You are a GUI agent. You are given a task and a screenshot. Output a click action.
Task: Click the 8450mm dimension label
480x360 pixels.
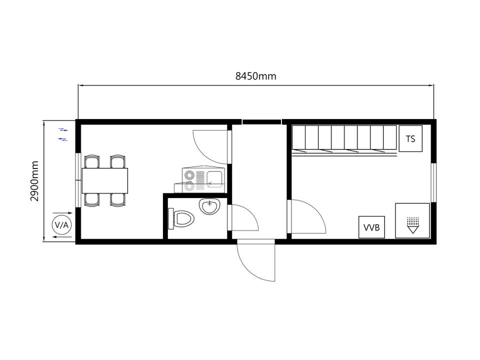point(255,76)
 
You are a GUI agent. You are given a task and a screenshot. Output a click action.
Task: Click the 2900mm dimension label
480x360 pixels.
point(34,181)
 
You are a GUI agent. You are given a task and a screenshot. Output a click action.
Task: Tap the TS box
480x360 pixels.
point(410,138)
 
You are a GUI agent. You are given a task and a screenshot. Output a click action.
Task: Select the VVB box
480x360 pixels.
point(371,227)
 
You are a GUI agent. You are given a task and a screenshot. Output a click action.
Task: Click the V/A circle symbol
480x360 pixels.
point(61,225)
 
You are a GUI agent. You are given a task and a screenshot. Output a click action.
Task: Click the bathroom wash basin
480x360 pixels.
point(209,206)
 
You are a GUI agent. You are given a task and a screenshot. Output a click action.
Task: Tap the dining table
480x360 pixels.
point(104,180)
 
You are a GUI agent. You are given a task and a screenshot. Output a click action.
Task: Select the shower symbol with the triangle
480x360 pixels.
point(413,225)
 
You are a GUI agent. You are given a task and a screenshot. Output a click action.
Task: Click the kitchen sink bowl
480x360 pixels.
point(214,179)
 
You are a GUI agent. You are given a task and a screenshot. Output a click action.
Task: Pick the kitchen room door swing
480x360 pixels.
point(210,147)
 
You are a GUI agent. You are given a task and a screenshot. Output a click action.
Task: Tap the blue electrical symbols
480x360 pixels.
point(63,134)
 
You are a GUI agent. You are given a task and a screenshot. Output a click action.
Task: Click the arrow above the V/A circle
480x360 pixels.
point(62,213)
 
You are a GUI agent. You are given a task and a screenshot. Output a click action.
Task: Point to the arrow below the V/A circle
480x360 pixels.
point(62,237)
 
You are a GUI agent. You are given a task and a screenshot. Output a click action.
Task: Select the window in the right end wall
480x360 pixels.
point(433,182)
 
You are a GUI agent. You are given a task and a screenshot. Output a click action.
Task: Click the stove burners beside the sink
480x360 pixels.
point(189,180)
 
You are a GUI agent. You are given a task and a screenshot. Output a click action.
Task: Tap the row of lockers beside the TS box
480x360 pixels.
point(344,139)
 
